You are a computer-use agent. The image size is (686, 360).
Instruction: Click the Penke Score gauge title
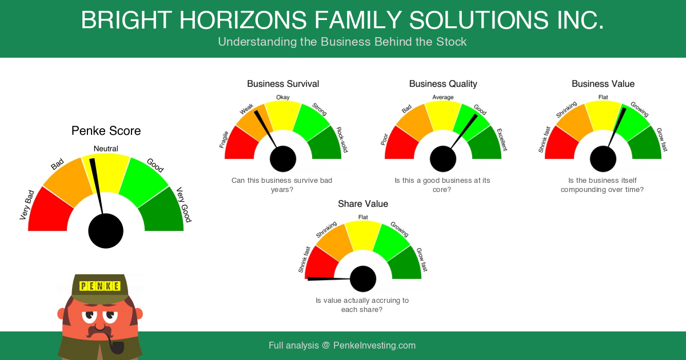coord(106,131)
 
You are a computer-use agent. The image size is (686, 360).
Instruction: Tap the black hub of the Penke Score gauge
coord(106,231)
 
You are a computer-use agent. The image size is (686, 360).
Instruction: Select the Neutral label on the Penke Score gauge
coord(106,149)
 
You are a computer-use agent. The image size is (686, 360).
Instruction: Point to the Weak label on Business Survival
coord(246,109)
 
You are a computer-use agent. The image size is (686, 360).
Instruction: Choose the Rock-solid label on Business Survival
coord(342,139)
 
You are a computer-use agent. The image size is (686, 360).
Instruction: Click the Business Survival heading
coord(283,84)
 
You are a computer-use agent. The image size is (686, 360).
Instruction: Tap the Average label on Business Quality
coord(443,97)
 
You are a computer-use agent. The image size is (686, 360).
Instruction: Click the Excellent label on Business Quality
coord(502,140)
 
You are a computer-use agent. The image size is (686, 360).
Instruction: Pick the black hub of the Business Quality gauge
coord(443,159)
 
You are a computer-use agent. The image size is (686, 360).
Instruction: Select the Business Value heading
coord(603,84)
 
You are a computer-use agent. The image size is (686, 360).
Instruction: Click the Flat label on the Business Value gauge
coord(603,97)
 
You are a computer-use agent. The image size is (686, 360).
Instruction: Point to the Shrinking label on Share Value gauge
coord(326,229)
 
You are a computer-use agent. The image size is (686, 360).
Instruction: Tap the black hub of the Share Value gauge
coord(363,279)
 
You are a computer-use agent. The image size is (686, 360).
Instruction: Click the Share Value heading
coord(363,204)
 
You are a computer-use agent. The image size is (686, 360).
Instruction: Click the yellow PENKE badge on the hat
coord(100,286)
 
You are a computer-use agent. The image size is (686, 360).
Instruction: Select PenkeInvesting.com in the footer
coord(374,346)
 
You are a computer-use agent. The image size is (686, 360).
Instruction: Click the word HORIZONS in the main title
coord(243,20)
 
